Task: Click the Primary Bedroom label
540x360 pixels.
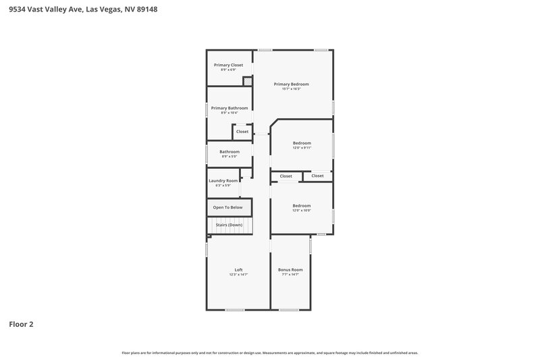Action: coord(291,84)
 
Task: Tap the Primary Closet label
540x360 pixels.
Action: coord(228,65)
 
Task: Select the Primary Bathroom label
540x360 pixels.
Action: coord(229,108)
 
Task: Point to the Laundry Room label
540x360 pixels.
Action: coord(223,180)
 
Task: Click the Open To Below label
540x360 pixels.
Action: coord(227,207)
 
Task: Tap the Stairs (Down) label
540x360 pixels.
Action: coord(229,225)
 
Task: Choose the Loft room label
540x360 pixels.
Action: coord(238,269)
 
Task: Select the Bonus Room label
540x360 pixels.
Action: coord(290,269)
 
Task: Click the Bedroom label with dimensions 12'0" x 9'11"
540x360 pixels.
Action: coord(302,143)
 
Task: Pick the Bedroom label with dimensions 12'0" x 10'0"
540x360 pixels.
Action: coord(301,205)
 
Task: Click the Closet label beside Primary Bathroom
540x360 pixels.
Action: coord(242,132)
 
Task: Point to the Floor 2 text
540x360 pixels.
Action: coord(21,324)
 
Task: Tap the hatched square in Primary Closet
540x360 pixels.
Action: coord(248,81)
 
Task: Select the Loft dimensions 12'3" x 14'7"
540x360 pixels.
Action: coord(238,275)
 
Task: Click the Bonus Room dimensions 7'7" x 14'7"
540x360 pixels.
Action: coord(290,275)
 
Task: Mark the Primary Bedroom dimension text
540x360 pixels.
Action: coord(291,89)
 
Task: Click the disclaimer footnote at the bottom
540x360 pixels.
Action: coord(269,353)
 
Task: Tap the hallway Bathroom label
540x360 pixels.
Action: coord(229,152)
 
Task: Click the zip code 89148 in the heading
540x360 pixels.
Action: coord(147,9)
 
